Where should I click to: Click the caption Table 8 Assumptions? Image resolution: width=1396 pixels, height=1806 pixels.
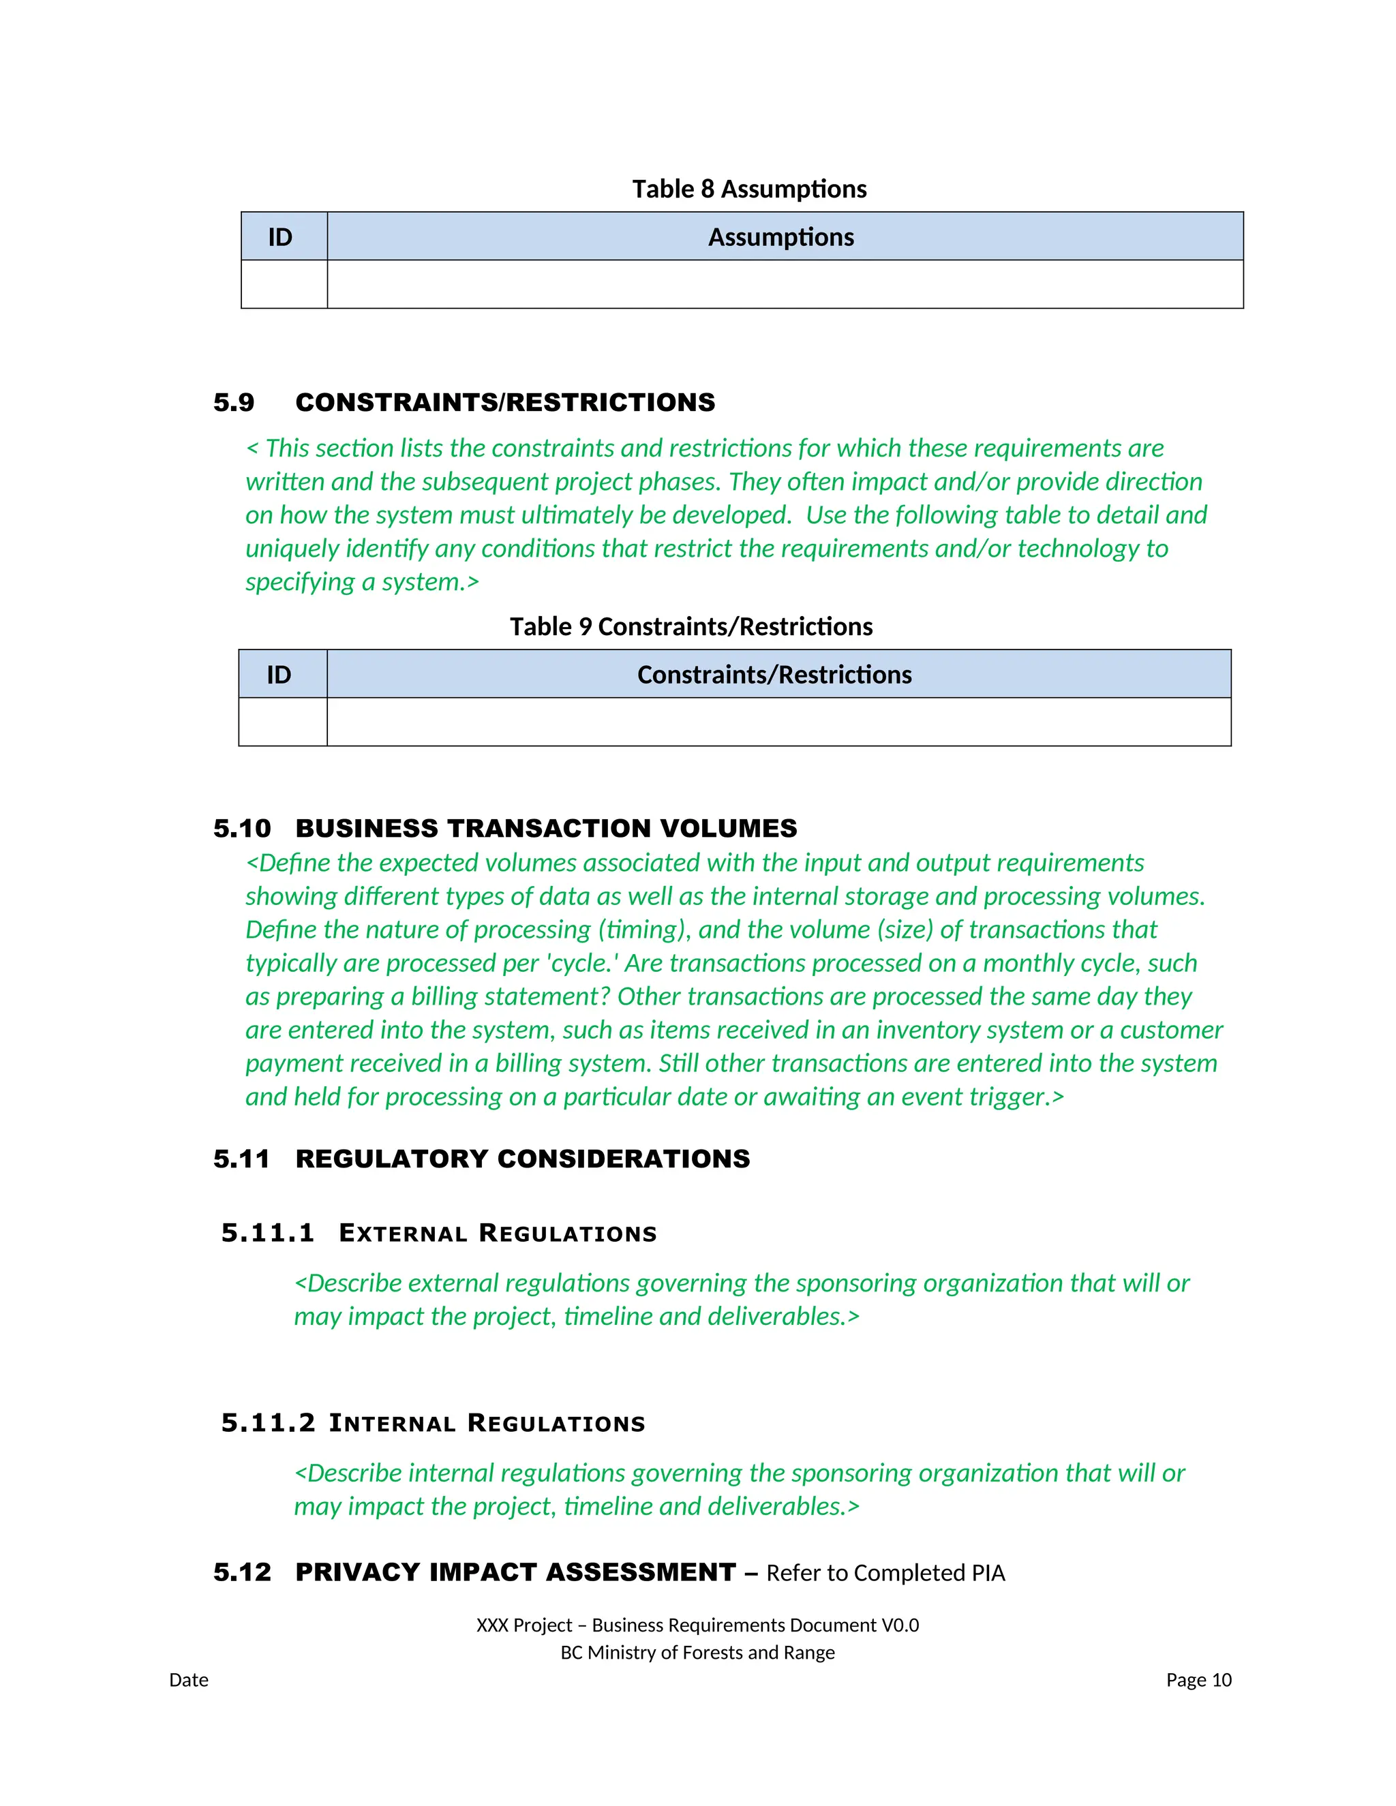coord(748,189)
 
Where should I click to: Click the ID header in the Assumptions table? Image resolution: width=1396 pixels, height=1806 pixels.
coord(280,237)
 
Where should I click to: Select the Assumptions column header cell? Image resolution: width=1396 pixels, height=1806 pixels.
coord(780,237)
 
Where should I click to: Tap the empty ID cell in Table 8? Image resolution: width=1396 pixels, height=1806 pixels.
coord(284,284)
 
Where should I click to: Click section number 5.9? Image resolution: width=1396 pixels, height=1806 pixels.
coord(233,403)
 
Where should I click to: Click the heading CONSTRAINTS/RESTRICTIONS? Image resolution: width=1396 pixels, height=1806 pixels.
coord(504,403)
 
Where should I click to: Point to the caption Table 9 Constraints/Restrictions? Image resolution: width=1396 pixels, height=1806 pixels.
coord(691,627)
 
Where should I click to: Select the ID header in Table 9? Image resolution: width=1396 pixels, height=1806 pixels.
coord(279,675)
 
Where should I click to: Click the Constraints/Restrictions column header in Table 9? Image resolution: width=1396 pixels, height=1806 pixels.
coord(774,675)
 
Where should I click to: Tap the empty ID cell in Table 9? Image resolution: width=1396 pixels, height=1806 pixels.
coord(282,722)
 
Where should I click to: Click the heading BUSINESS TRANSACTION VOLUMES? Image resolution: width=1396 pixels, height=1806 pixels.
coord(546,829)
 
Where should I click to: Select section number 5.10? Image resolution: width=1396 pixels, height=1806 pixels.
coord(241,829)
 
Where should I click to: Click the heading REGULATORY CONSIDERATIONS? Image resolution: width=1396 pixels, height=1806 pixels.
coord(522,1159)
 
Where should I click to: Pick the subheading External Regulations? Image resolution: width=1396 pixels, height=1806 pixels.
coord(497,1234)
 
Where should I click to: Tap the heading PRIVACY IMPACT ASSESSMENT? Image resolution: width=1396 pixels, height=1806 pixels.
coord(515,1572)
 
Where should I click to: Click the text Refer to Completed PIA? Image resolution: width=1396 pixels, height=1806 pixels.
coord(885,1573)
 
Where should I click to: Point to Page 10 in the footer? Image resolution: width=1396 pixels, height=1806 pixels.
coord(1198,1679)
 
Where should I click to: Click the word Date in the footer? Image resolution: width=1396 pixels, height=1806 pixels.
coord(189,1679)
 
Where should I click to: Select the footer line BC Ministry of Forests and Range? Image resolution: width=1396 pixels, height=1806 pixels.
coord(697,1652)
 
